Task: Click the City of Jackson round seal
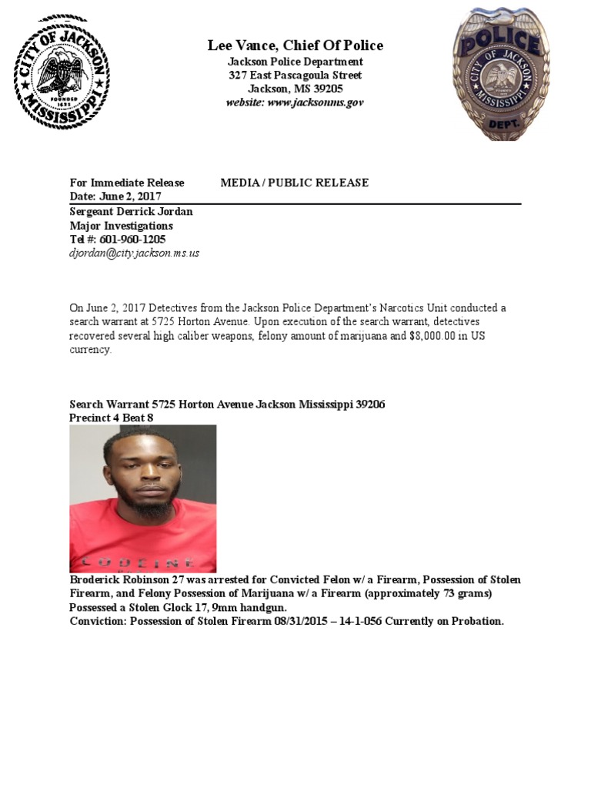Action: (x=62, y=72)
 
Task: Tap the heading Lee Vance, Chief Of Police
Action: (x=295, y=45)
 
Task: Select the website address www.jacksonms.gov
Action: (x=316, y=102)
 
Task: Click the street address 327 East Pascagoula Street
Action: (x=295, y=76)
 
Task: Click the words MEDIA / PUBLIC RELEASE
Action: (x=295, y=183)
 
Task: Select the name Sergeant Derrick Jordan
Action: (x=132, y=212)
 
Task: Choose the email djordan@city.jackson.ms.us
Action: (x=135, y=253)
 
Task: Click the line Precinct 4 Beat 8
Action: (x=116, y=418)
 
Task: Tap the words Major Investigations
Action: (x=122, y=226)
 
